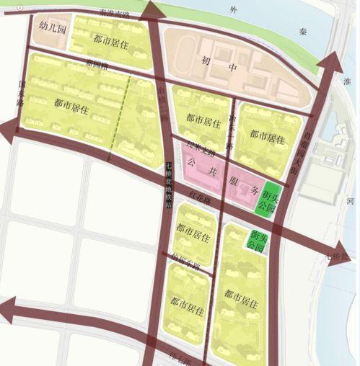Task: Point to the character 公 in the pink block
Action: [x=190, y=164]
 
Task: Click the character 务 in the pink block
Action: [x=254, y=192]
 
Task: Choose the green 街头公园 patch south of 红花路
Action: [x=254, y=240]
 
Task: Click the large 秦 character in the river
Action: [x=302, y=31]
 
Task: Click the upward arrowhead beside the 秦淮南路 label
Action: [x=152, y=10]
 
